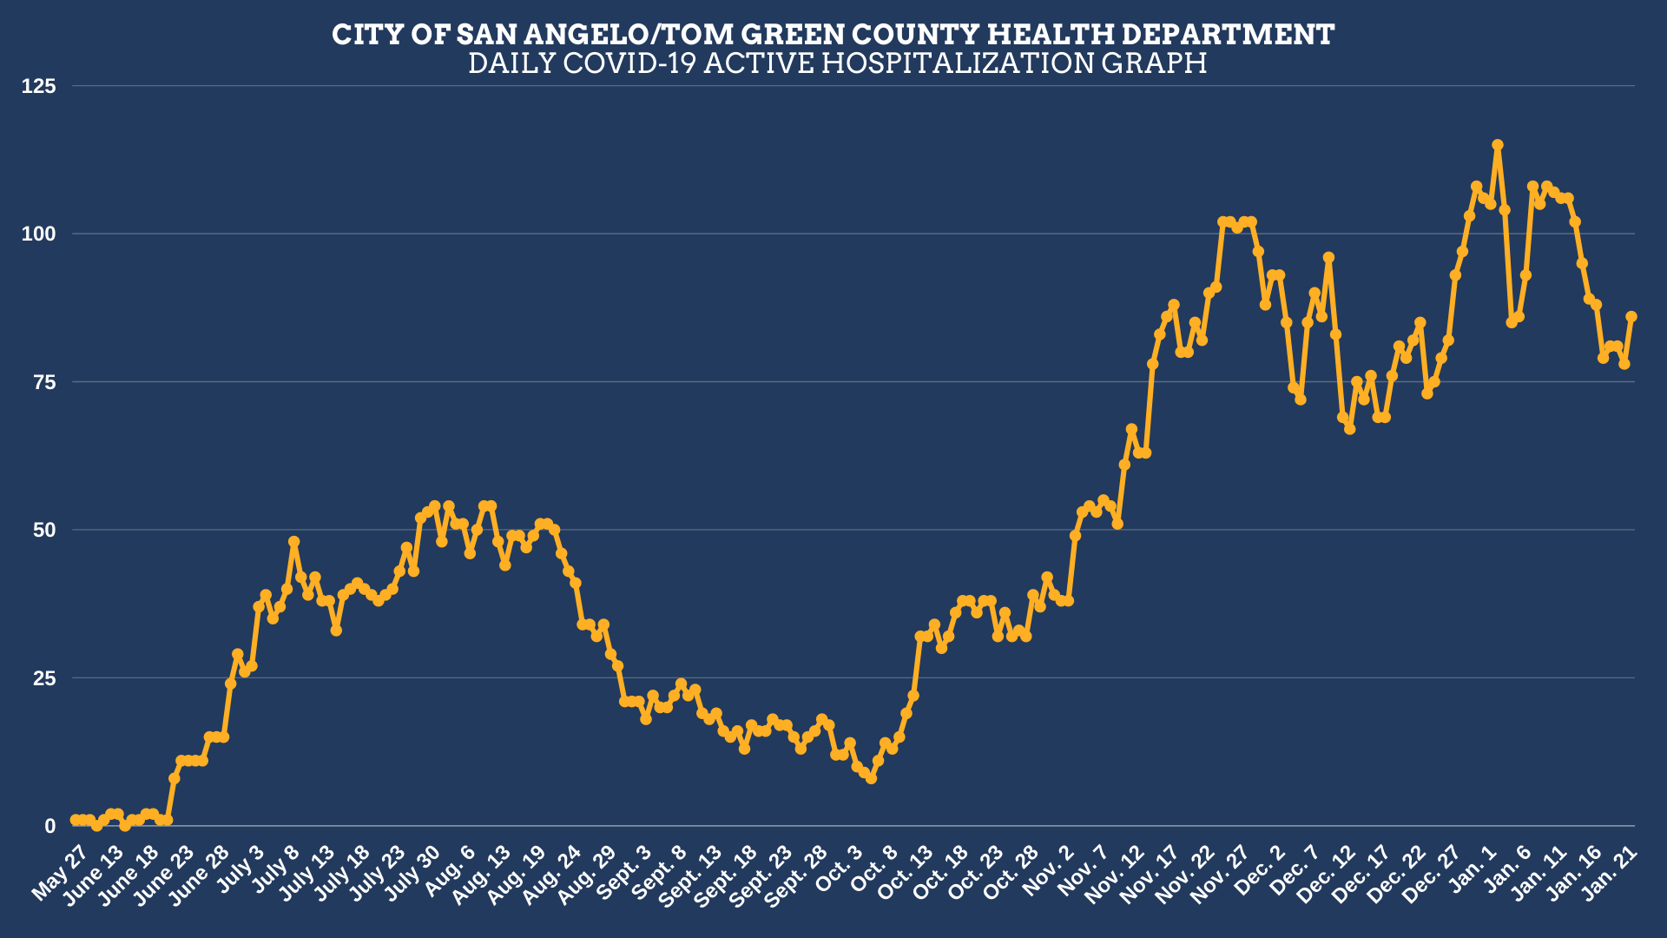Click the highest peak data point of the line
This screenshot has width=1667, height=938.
1498,145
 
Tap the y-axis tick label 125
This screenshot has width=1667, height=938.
39,86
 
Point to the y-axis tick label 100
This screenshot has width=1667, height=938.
39,234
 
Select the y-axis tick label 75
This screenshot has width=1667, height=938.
43,382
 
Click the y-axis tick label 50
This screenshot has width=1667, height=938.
43,530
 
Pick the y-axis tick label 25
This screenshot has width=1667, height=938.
43,678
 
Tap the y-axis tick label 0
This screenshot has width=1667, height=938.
49,827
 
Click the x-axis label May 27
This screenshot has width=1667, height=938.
59,873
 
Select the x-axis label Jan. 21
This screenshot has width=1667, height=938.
1611,873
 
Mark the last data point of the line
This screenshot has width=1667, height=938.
1631,317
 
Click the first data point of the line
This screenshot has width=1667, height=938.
76,820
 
